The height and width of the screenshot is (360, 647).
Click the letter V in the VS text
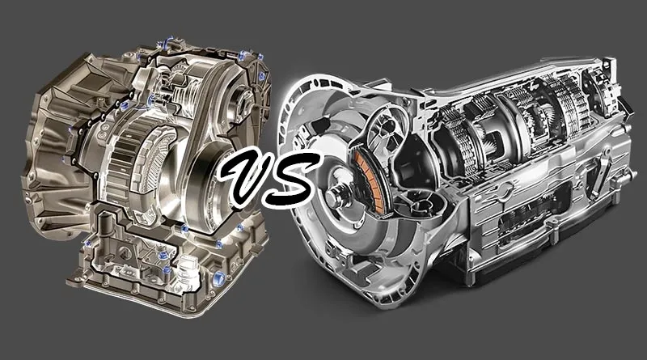(247, 176)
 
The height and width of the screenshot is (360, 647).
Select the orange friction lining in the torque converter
(369, 183)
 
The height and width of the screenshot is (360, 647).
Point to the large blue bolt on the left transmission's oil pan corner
(218, 279)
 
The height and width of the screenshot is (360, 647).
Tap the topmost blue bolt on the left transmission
(168, 41)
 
